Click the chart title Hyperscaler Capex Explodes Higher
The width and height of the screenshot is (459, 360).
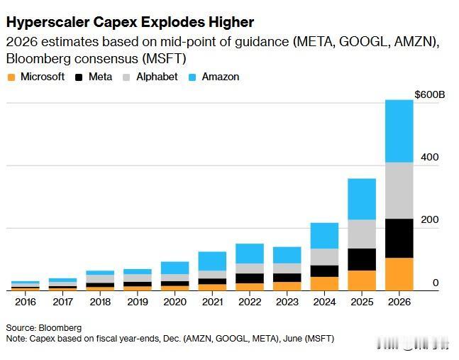click(130, 22)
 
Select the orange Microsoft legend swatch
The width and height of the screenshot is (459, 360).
click(11, 77)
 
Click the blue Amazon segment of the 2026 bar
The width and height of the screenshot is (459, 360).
click(399, 131)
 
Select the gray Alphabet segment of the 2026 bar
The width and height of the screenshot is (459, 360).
click(399, 190)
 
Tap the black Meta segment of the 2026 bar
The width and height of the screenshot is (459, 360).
click(399, 238)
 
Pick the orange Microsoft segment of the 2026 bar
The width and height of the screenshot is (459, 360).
click(399, 274)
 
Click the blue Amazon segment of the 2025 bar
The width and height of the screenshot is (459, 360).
click(361, 199)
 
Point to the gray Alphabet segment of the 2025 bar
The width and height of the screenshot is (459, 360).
click(361, 234)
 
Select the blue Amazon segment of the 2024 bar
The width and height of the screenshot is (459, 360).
click(324, 236)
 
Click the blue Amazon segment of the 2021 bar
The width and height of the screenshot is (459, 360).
click(212, 261)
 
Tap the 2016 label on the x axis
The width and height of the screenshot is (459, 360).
click(25, 301)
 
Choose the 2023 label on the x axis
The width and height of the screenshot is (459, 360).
click(287, 301)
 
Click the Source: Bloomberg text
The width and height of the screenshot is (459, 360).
click(44, 328)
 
